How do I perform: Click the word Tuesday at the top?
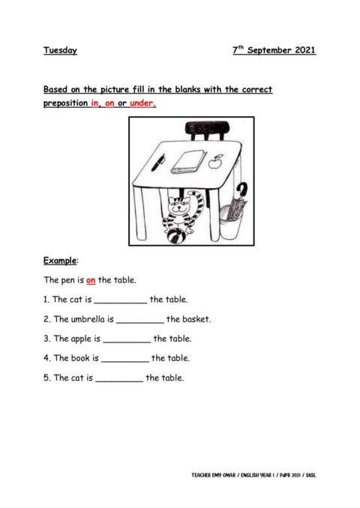coord(60,51)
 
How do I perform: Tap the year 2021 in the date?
coord(301,51)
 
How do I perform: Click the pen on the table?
coord(158,162)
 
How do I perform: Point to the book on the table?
coord(188,160)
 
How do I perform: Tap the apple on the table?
coord(216,161)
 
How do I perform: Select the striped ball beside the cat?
coord(175,236)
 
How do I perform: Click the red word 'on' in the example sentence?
coord(90,280)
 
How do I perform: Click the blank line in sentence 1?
coord(120,300)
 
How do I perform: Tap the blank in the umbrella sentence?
coord(139,320)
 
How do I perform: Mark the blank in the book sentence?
coord(124,359)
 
